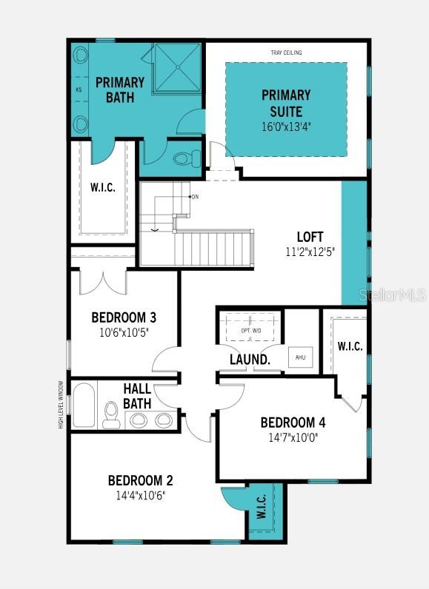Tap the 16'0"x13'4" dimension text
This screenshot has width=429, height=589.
click(286, 126)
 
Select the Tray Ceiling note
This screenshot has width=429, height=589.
click(286, 53)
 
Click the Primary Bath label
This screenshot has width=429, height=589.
click(119, 88)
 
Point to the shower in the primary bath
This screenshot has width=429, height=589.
click(176, 67)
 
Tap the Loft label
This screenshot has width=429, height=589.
click(310, 237)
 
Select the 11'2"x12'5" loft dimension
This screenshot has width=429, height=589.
click(310, 252)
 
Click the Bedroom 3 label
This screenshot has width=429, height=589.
click(124, 317)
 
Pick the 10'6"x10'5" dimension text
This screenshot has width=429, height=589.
click(124, 332)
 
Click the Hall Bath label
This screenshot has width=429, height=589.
click(137, 396)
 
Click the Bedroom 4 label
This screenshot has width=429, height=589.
click(293, 423)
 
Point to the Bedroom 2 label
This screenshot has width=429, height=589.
click(140, 479)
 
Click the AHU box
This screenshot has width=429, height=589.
click(300, 357)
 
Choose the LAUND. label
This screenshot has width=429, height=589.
click(250, 360)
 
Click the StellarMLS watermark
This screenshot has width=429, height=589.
click(392, 294)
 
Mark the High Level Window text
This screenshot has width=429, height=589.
click(61, 404)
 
